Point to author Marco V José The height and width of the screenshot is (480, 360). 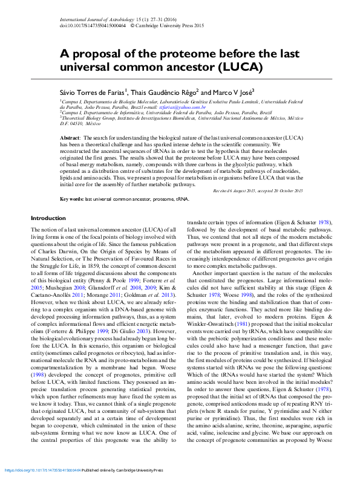pyautogui.click(x=233, y=92)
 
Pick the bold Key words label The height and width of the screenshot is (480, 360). pyautogui.click(x=71, y=198)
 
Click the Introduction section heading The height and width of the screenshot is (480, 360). pyautogui.click(x=48, y=218)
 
